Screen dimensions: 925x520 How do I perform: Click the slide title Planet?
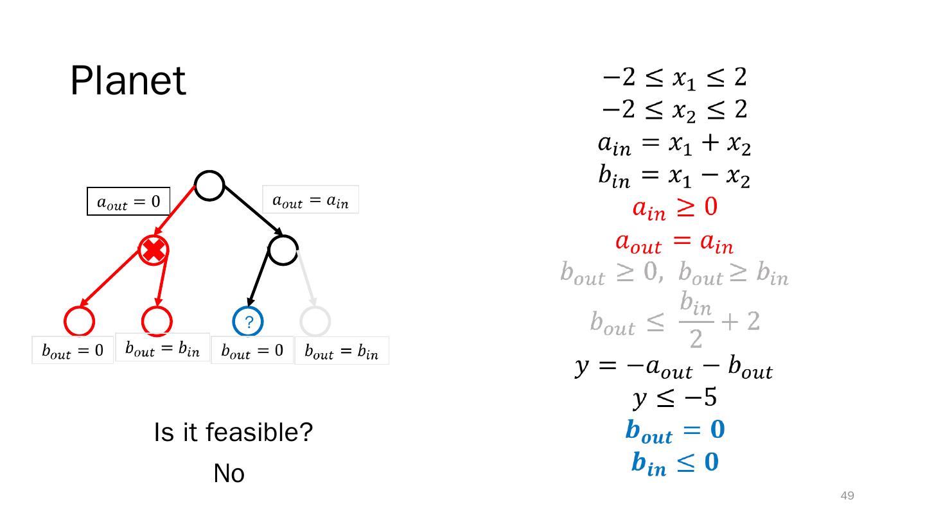(x=128, y=82)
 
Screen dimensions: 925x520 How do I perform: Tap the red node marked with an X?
(x=154, y=250)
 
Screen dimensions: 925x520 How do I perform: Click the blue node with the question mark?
(x=247, y=321)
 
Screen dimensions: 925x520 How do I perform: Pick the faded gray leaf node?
(x=315, y=321)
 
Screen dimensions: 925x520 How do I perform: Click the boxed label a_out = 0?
(x=128, y=202)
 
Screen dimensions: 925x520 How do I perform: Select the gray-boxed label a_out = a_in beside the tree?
(x=310, y=200)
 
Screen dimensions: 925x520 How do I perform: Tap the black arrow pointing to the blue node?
(x=258, y=281)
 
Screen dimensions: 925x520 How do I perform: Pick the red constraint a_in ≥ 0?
(x=674, y=208)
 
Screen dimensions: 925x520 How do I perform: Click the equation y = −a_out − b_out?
(x=673, y=369)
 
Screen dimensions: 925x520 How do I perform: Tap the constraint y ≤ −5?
(x=674, y=399)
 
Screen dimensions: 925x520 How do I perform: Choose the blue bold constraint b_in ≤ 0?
(x=674, y=462)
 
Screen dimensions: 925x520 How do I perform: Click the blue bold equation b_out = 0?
(x=674, y=431)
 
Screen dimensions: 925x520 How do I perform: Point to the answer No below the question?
(x=229, y=474)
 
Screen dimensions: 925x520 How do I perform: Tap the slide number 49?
(x=847, y=496)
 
